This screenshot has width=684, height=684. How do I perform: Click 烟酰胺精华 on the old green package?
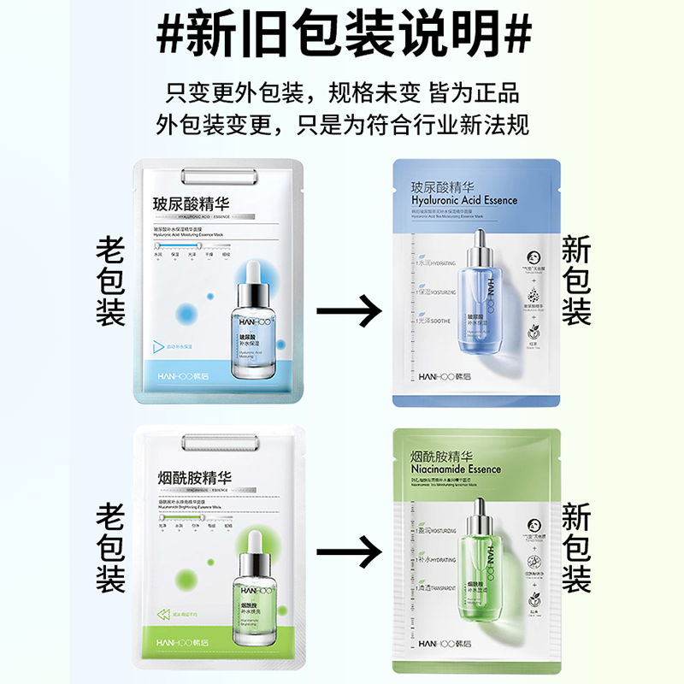pos(192,478)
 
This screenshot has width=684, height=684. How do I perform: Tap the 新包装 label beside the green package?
pos(576,549)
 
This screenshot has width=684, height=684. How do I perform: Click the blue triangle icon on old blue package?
pos(157,346)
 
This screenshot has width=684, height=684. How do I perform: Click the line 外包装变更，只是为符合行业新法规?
pos(342,125)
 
